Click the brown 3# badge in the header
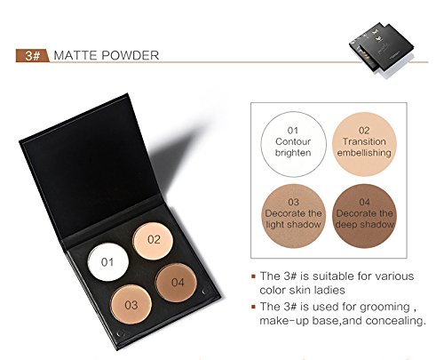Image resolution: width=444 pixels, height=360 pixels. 33,56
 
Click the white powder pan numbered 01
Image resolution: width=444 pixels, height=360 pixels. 108,262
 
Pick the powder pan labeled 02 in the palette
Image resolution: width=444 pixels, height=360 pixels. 153,241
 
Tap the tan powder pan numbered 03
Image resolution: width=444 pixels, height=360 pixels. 131,304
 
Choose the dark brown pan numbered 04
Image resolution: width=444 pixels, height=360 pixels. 177,283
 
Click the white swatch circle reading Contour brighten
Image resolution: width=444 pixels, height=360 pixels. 293,144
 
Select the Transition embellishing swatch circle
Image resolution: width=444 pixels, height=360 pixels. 364,144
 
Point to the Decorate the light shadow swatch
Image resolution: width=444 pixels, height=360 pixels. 293,216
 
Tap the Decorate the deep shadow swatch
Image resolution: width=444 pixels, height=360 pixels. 364,216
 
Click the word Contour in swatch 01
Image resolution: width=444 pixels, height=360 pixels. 293,141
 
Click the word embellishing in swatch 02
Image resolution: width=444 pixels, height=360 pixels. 364,153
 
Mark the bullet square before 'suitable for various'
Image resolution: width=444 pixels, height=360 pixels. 253,276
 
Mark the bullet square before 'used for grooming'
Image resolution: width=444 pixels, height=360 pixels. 253,307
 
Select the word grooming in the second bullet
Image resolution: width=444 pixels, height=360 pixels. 385,308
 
